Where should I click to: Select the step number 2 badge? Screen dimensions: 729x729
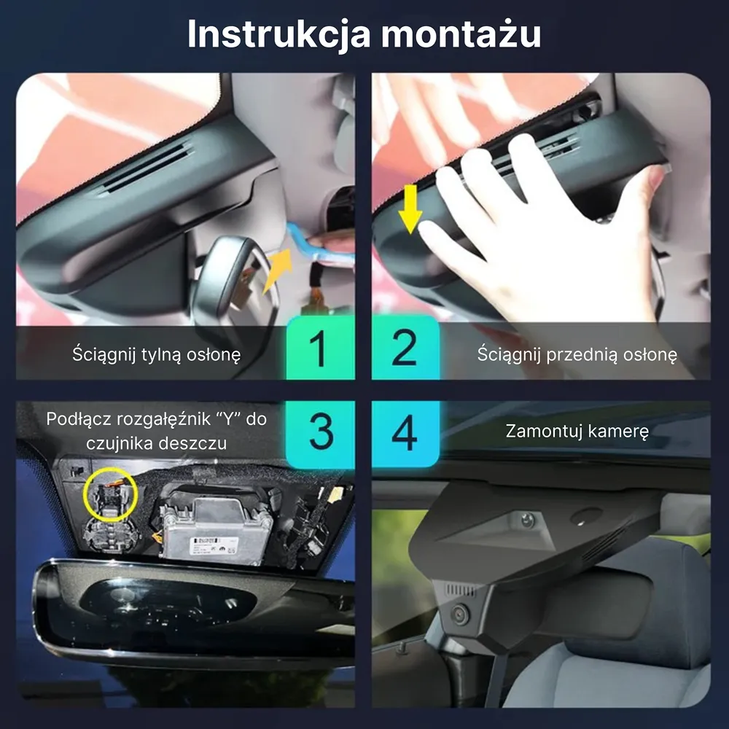tap(405, 348)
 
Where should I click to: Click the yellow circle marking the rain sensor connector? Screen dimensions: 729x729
tap(110, 494)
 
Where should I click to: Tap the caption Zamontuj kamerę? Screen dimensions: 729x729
tap(577, 431)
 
